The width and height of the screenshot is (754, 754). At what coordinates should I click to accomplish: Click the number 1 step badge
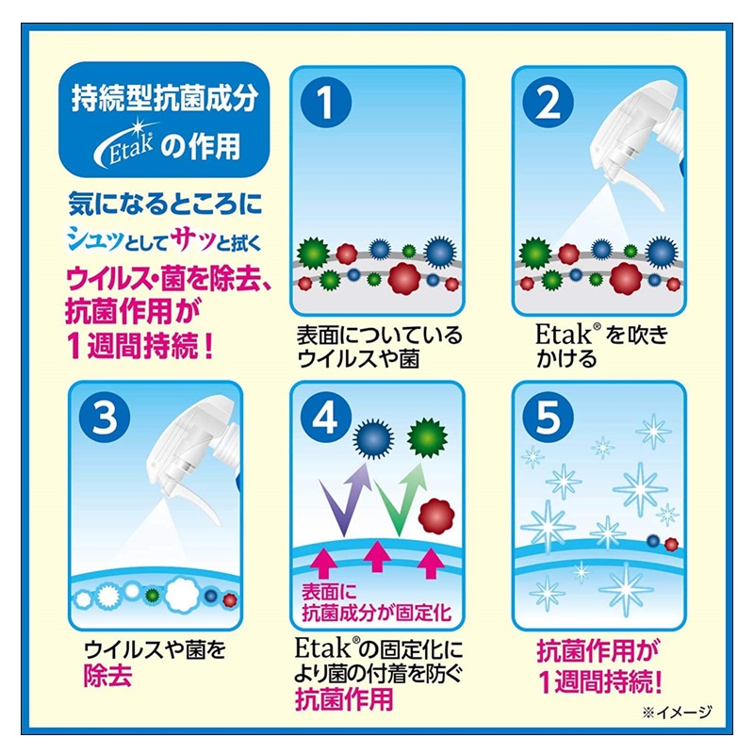(325, 103)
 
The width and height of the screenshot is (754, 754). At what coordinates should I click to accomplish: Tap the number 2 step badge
(548, 103)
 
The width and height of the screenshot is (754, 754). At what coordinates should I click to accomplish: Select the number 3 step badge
(105, 417)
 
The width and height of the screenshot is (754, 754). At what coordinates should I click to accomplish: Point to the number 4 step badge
(325, 417)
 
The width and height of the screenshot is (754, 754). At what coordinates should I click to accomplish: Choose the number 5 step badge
(548, 417)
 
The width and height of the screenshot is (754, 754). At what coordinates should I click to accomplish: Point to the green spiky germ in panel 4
(427, 437)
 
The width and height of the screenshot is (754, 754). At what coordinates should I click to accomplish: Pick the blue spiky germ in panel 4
(373, 438)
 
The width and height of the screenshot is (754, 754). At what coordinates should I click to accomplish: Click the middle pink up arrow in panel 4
(377, 556)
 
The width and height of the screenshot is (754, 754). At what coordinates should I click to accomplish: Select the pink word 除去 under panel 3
(107, 676)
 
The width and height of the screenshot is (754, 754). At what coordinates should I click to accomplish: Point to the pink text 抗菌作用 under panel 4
(344, 699)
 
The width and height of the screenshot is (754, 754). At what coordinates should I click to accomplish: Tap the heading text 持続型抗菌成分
(164, 98)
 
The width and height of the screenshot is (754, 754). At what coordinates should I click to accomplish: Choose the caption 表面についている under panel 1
(379, 336)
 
